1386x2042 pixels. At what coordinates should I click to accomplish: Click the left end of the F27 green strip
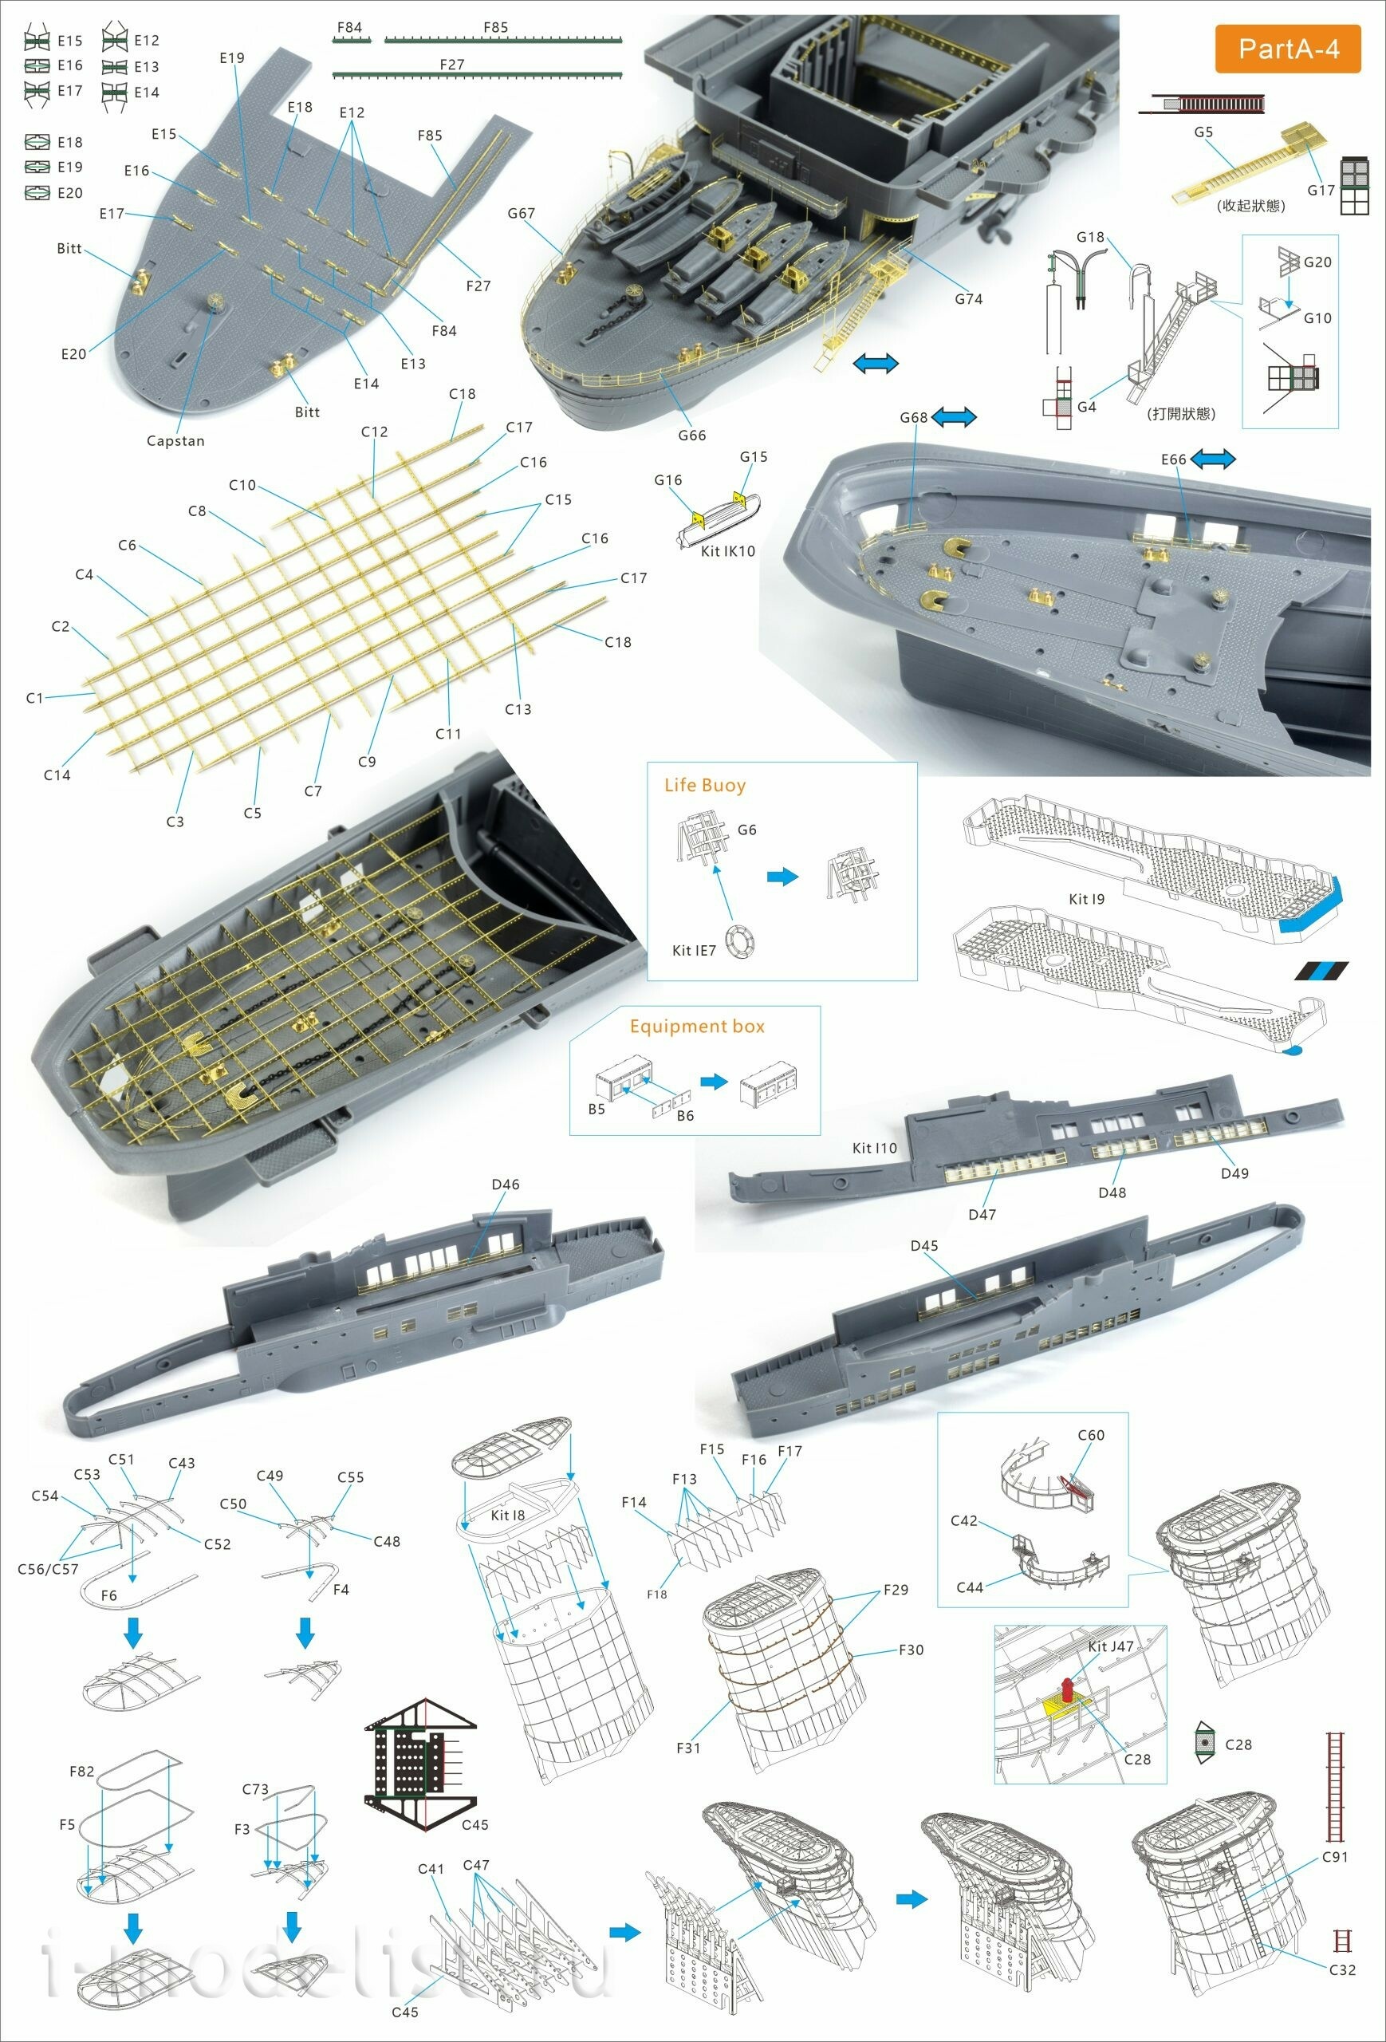point(334,76)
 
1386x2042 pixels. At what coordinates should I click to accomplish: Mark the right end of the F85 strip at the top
point(622,40)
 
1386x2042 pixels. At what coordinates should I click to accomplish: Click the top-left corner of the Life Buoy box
point(648,763)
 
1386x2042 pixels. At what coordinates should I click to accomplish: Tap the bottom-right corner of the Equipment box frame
point(821,1135)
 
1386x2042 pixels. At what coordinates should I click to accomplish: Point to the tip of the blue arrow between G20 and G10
point(1290,305)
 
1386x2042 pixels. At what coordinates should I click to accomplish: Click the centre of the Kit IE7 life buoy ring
point(740,940)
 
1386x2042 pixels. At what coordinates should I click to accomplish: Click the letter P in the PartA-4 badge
point(1246,49)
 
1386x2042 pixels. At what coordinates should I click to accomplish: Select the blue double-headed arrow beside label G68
point(953,416)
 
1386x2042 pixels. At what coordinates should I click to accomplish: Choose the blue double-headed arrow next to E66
point(1213,458)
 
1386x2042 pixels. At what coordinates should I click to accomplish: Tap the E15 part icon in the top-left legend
point(37,40)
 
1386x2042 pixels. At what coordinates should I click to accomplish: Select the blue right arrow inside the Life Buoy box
point(782,876)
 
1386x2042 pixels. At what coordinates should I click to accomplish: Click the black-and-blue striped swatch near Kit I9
point(1321,971)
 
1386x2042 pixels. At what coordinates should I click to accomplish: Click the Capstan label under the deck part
point(175,441)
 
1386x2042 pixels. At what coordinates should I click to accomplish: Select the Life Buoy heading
point(705,786)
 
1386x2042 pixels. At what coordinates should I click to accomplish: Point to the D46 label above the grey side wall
point(506,1185)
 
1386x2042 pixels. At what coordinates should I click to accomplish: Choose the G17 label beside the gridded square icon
point(1321,190)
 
